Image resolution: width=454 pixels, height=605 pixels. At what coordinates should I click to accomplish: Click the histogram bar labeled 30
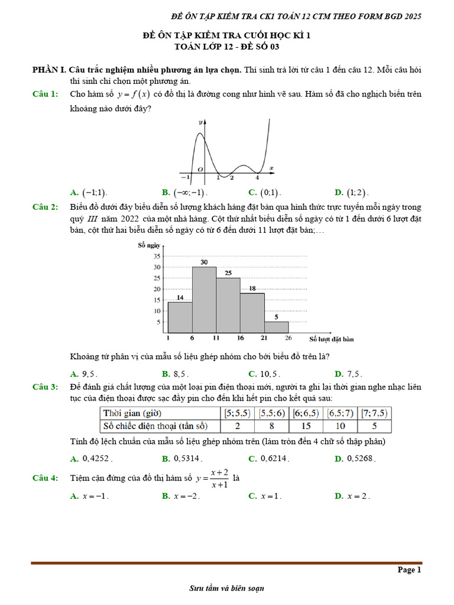204,300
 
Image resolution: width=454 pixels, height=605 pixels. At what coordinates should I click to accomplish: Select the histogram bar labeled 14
180,318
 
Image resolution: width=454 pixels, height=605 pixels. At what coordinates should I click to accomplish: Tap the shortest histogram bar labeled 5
276,327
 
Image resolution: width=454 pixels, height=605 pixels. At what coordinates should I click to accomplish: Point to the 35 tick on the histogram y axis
157,256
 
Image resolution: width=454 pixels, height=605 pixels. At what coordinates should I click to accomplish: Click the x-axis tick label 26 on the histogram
288,339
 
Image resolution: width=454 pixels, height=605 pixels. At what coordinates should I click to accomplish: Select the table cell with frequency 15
306,426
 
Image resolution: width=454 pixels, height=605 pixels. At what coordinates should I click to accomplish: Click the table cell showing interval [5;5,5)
236,413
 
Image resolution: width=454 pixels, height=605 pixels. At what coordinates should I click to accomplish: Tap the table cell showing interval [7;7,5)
375,413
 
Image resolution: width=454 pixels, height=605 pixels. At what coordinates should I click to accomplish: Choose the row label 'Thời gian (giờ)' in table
132,413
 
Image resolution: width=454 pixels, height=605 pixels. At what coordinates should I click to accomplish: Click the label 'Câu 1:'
45,94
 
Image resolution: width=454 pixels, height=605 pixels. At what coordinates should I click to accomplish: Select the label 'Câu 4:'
45,478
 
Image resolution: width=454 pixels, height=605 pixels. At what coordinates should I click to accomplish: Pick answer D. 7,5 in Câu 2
348,373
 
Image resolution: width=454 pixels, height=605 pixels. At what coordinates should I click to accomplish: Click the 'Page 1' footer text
409,570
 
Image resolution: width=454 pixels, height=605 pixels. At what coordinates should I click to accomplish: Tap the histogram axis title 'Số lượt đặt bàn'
332,339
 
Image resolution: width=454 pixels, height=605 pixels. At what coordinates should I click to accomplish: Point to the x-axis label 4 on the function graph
257,177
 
